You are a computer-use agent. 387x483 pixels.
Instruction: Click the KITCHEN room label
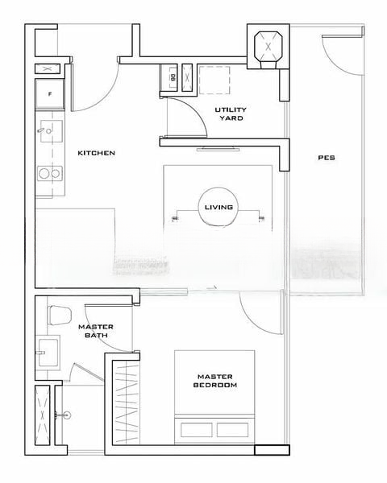pos(96,153)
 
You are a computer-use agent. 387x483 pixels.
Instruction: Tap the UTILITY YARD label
pos(231,114)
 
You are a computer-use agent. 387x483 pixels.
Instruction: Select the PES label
pos(327,158)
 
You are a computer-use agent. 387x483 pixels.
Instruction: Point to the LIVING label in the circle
pos(218,208)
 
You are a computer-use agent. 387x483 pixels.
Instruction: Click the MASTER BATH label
pos(96,331)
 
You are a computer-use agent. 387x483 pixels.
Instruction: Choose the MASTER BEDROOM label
pos(215,381)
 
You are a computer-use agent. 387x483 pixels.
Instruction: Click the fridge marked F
pos(50,94)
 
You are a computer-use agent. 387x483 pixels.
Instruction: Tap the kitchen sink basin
pos(52,131)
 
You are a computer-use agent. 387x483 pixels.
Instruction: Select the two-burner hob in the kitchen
pos(50,173)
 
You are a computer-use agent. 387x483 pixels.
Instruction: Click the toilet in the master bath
pos(60,315)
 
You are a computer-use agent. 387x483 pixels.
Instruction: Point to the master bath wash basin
pos(48,353)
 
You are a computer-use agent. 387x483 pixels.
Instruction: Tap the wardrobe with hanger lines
pos(126,402)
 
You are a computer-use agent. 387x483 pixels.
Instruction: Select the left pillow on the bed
pos(197,430)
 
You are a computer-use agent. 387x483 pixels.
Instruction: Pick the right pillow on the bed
pos(232,430)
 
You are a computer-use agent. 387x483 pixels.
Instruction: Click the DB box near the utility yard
pos(169,77)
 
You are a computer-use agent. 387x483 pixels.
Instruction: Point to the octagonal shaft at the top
pos(268,47)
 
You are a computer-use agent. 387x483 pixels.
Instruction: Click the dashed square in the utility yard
pos(214,80)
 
